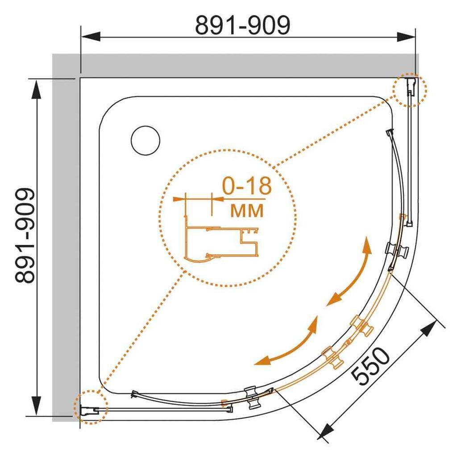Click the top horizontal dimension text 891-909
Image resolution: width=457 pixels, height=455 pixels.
coord(242,25)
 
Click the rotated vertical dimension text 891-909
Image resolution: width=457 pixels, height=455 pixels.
coord(25,236)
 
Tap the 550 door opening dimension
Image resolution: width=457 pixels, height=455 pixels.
coord(370,366)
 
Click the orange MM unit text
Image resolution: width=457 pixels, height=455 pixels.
coord(247,210)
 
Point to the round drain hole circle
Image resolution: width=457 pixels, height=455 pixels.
coord(145,141)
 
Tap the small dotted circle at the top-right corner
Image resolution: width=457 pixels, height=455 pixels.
coord(410,90)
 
